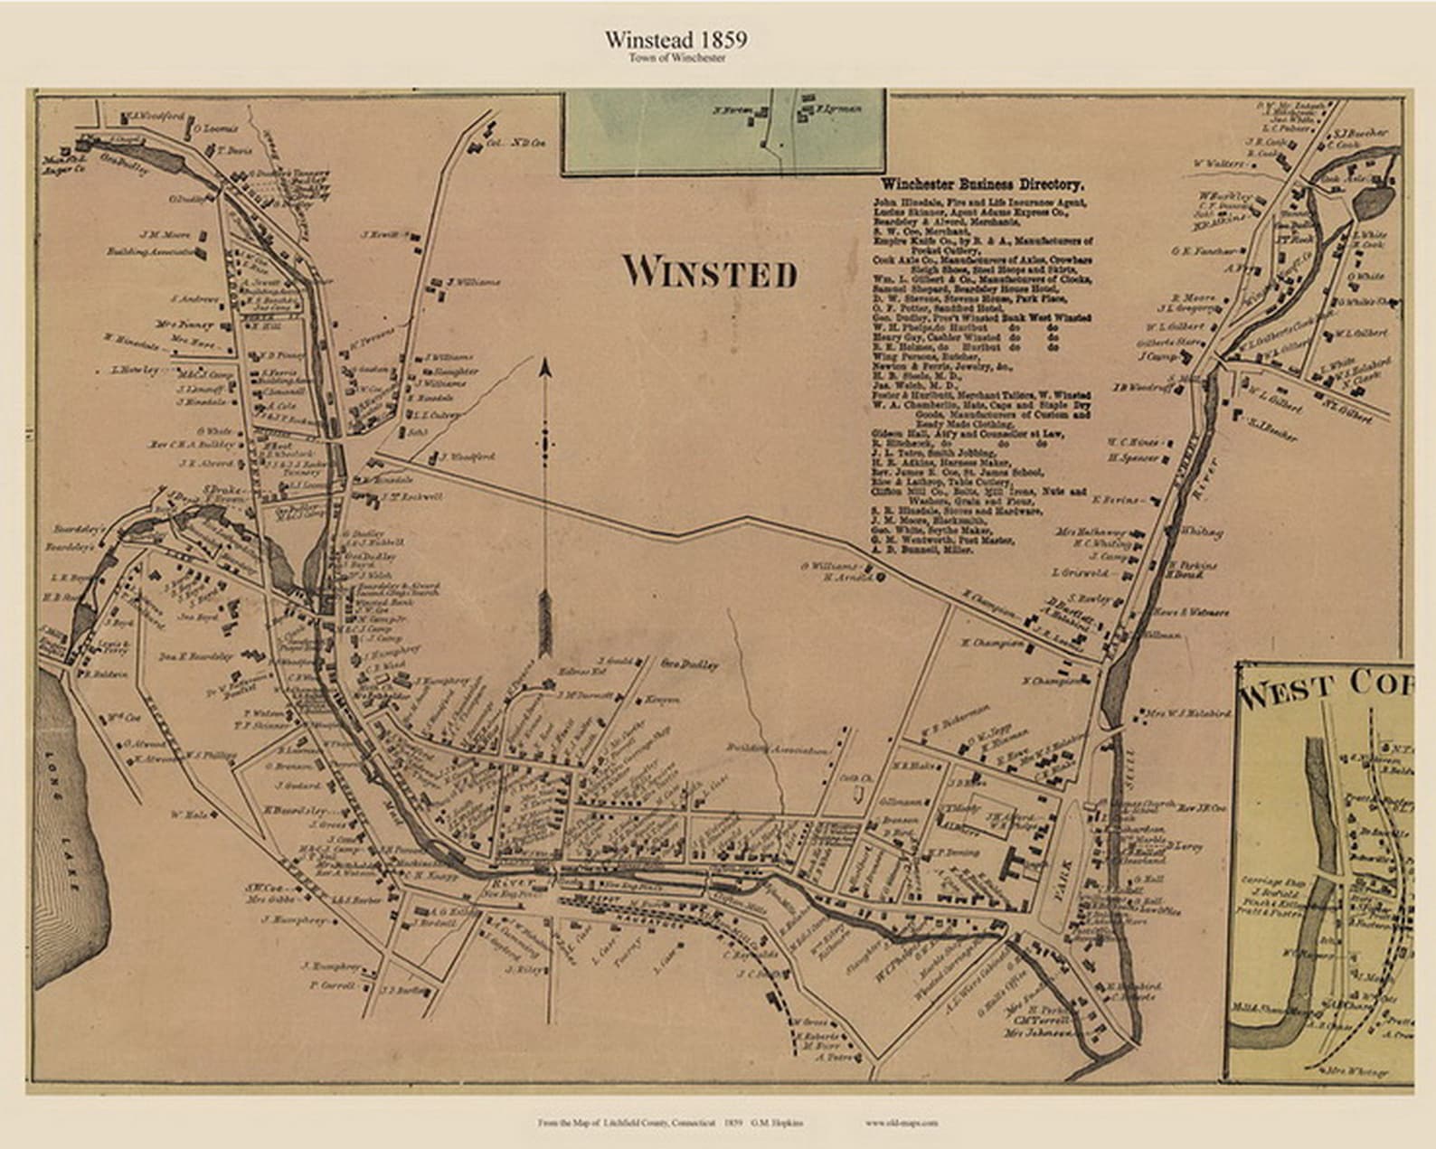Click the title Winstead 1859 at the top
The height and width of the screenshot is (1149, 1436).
(675, 40)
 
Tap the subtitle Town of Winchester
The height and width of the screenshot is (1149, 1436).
(676, 58)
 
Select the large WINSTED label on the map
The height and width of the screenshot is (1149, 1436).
(710, 272)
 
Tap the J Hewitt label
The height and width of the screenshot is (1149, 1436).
(380, 235)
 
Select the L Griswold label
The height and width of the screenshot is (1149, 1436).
(1080, 572)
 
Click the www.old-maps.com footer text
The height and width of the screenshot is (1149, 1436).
(901, 1123)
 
